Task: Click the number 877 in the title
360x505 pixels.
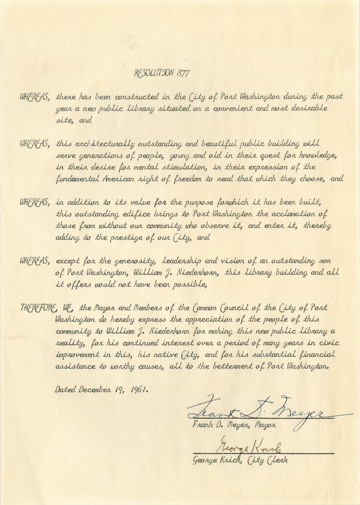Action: (x=182, y=73)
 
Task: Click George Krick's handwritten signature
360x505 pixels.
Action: (x=249, y=447)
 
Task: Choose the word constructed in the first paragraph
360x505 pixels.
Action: (x=137, y=97)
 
